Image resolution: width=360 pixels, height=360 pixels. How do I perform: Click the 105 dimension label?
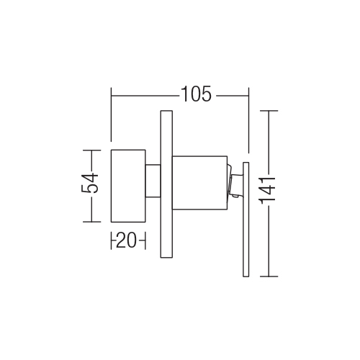click(x=197, y=94)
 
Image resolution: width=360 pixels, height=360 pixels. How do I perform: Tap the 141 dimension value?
click(x=269, y=191)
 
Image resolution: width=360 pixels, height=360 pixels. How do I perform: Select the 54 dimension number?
click(x=90, y=184)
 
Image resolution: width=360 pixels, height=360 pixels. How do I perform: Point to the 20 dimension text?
click(x=126, y=240)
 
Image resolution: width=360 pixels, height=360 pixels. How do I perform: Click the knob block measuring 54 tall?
click(x=128, y=186)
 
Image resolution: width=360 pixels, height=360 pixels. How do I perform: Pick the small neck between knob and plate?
click(x=153, y=181)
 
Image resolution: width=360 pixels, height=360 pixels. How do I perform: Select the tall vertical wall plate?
click(x=166, y=184)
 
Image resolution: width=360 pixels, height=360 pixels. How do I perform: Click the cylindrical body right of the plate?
click(x=199, y=183)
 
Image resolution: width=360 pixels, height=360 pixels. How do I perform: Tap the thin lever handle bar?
click(x=246, y=220)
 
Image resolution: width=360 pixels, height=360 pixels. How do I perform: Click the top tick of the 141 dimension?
click(x=269, y=111)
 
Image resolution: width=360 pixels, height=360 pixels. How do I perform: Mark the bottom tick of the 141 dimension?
click(x=269, y=276)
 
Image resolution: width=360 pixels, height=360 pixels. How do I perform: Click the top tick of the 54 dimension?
click(x=91, y=150)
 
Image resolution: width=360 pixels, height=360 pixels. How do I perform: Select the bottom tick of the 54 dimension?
click(x=91, y=222)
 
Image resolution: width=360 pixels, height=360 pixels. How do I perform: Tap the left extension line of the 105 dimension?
click(x=111, y=114)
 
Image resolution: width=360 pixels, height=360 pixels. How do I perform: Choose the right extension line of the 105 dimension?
click(x=248, y=120)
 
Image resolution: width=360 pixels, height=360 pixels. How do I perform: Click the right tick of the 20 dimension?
click(x=145, y=240)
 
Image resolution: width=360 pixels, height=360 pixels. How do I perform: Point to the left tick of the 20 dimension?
click(x=111, y=240)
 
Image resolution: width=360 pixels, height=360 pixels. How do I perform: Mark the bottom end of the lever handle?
click(x=246, y=276)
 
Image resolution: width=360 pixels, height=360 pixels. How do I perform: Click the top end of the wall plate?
click(x=166, y=111)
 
